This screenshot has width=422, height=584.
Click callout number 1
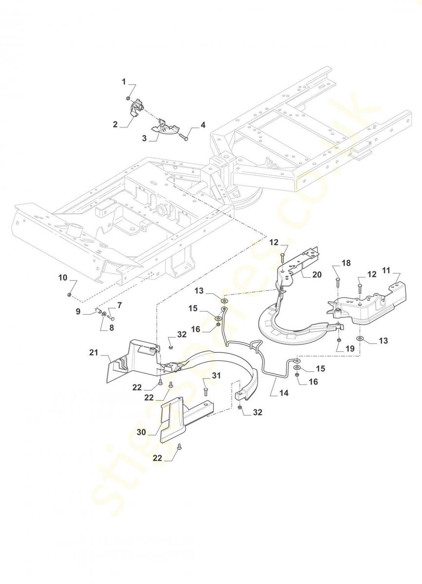[x=124, y=81]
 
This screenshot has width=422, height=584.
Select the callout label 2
[x=115, y=125]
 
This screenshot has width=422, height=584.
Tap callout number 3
[x=144, y=139]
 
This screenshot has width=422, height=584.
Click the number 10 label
[x=63, y=278]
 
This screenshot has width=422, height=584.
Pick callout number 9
[x=78, y=312]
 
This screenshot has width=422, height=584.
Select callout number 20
[x=317, y=274]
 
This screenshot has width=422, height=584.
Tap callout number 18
[x=345, y=263]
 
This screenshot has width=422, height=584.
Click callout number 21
[x=94, y=352]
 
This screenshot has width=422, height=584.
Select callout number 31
[x=216, y=375]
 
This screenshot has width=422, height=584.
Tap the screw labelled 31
[x=205, y=390]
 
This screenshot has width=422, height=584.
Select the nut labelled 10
[x=69, y=295]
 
